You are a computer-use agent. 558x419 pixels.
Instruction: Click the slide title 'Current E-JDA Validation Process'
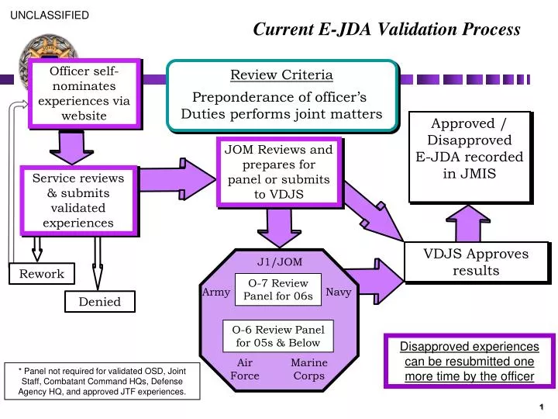[x=387, y=29]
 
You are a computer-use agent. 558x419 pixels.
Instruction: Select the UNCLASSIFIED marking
[x=50, y=15]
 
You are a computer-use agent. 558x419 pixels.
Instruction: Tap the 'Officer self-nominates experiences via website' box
[x=84, y=93]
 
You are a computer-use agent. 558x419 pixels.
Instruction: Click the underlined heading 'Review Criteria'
[x=281, y=75]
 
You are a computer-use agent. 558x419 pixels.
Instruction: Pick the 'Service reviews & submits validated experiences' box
[x=77, y=200]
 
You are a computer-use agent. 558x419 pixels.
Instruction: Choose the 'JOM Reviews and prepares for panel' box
[x=278, y=172]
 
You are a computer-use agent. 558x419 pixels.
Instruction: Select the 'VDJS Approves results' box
[x=476, y=262]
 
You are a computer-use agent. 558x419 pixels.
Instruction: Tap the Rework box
[x=42, y=274]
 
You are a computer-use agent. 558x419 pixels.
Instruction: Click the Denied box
[x=99, y=302]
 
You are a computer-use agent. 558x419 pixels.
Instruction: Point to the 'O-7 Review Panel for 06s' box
[x=278, y=289]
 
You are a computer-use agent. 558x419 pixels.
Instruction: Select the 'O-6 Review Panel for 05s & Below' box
[x=278, y=336]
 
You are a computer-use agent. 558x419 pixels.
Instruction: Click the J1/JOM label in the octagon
[x=280, y=261]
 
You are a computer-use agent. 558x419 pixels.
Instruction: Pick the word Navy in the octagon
[x=339, y=292]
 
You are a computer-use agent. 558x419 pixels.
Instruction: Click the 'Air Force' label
[x=245, y=369]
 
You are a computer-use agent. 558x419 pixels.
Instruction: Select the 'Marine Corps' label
[x=308, y=369]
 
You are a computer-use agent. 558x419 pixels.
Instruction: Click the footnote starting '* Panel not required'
[x=102, y=380]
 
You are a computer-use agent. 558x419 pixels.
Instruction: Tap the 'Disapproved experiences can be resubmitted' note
[x=469, y=361]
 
